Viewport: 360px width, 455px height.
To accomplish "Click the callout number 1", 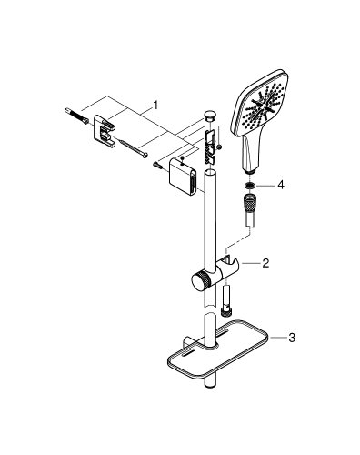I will (155, 106).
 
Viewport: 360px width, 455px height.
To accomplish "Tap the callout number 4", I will (282, 184).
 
